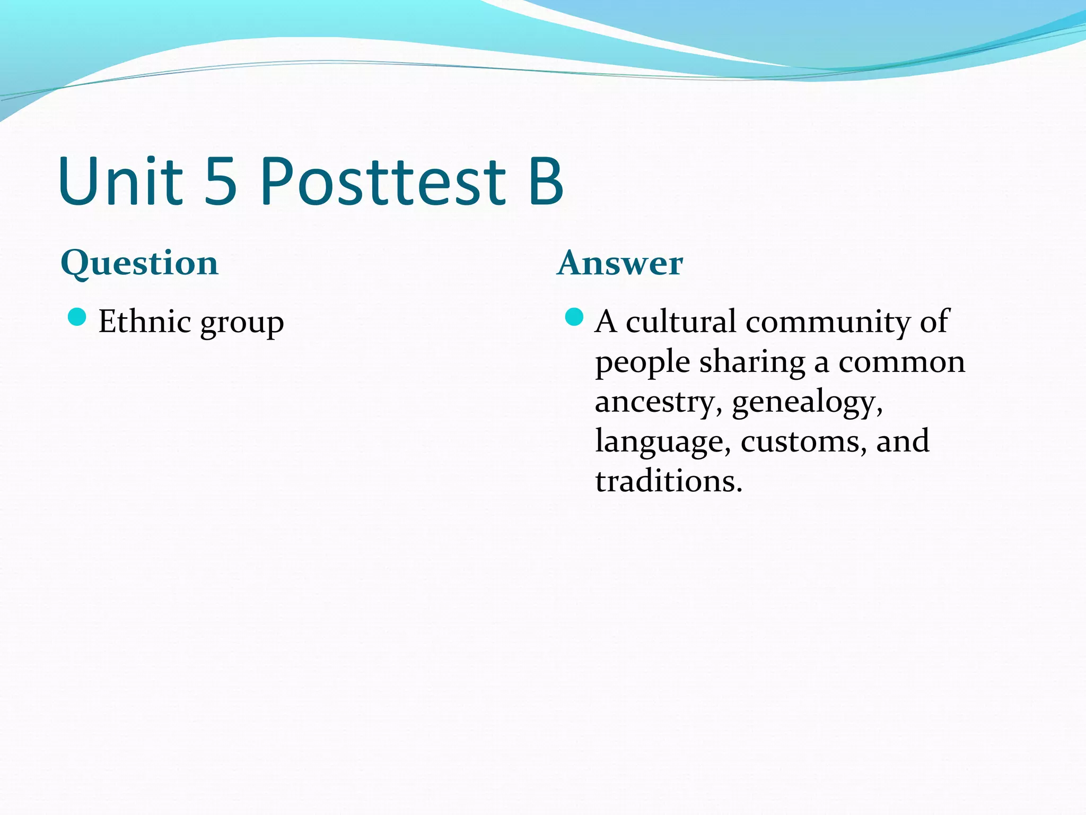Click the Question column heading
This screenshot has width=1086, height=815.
pyautogui.click(x=139, y=263)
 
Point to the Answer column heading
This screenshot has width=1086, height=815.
pyautogui.click(x=620, y=263)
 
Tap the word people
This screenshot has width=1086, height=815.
pyautogui.click(x=642, y=363)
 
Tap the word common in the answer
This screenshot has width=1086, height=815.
pyautogui.click(x=901, y=362)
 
